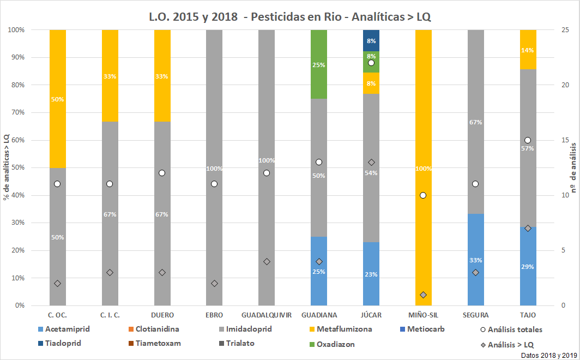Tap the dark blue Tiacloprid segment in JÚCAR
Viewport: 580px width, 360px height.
click(371, 40)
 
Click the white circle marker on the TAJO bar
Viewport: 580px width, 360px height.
click(528, 140)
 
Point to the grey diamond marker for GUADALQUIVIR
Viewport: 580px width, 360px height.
click(267, 261)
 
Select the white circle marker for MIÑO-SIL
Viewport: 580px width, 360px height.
click(423, 195)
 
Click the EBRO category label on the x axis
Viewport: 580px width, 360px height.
click(214, 315)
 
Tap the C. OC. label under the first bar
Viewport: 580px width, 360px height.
click(57, 315)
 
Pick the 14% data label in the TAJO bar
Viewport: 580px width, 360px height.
click(528, 50)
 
